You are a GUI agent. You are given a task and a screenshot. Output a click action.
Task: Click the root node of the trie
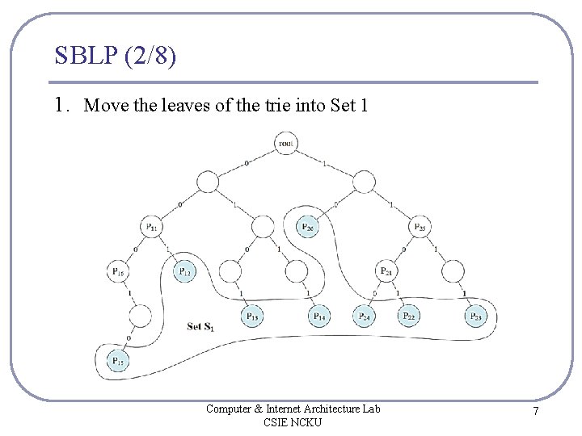(x=285, y=144)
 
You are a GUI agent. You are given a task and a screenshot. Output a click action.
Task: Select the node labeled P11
(x=152, y=227)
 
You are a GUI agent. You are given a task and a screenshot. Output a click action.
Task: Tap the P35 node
(x=420, y=227)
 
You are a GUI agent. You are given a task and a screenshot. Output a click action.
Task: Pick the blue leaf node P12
(x=185, y=271)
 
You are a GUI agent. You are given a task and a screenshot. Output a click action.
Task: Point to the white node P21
(x=386, y=271)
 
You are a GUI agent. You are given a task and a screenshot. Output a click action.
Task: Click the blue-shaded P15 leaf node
(x=118, y=361)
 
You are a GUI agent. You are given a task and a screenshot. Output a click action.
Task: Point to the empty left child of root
(x=208, y=182)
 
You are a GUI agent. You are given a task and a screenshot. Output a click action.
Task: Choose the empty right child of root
(x=364, y=182)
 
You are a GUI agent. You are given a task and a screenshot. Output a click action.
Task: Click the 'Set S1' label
(x=200, y=327)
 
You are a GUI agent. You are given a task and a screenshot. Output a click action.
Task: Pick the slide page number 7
(x=535, y=413)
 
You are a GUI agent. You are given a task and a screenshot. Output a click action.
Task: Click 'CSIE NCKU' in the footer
(x=293, y=422)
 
